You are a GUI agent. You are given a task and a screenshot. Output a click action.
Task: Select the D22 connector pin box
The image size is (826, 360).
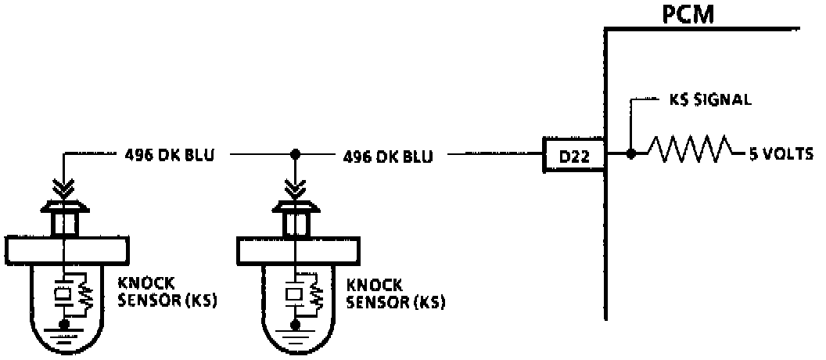pyautogui.click(x=574, y=157)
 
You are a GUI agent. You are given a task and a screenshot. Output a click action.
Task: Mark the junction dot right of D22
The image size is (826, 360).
pyautogui.click(x=630, y=153)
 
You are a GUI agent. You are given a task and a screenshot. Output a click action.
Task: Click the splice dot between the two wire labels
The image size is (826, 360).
pyautogui.click(x=296, y=155)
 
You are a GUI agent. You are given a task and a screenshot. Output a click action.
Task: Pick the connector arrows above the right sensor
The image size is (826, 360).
pyautogui.click(x=296, y=189)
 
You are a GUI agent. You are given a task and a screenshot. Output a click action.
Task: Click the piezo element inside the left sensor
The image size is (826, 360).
pyautogui.click(x=63, y=295)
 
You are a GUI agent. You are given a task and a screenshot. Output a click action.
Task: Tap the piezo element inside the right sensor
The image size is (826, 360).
pyautogui.click(x=294, y=296)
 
